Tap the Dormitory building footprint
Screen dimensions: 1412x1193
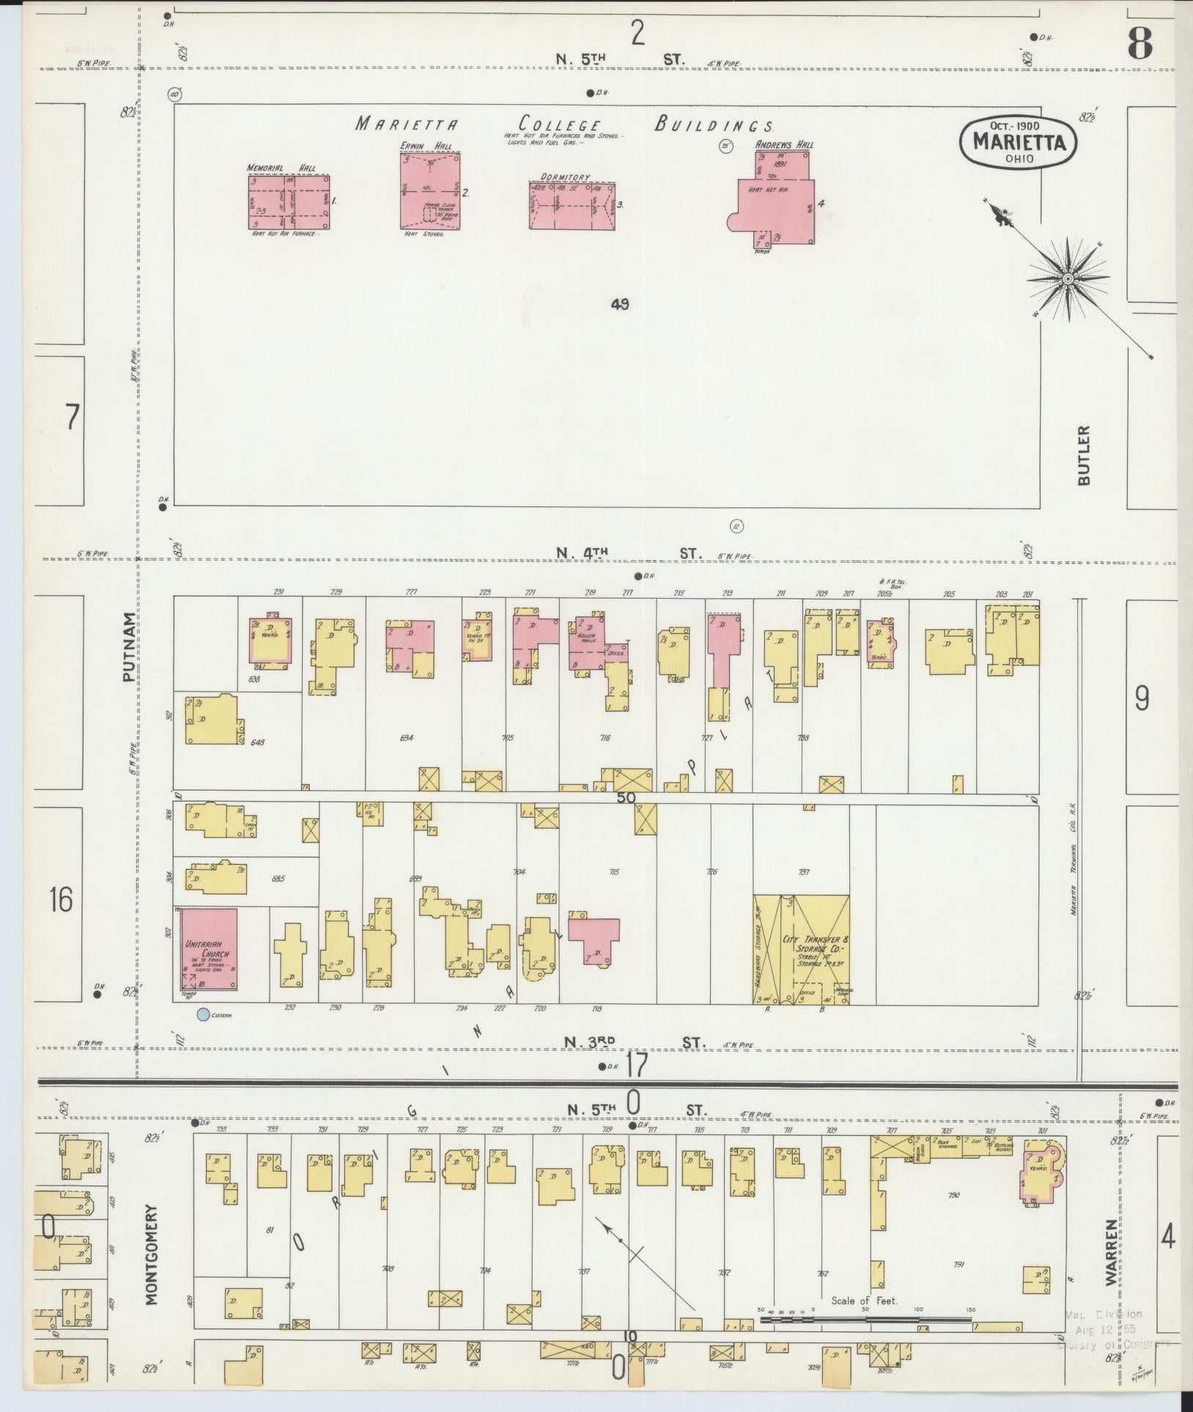(572, 206)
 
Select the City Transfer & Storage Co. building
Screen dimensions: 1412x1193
(802, 948)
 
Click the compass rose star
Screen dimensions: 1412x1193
(1068, 279)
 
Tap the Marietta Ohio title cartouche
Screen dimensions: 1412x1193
(1019, 143)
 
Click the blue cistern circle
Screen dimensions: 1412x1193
(202, 1015)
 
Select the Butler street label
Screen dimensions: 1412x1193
(1084, 454)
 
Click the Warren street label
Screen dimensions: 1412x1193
(1111, 1254)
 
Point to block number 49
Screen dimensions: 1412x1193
(620, 304)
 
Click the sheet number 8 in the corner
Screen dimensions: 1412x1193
(1140, 45)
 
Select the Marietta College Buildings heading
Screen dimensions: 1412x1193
(564, 124)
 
